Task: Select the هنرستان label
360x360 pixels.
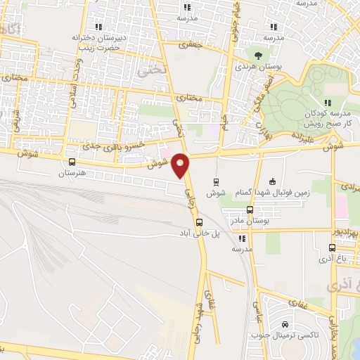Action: pos(71,172)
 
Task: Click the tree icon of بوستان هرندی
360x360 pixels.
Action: pos(259,55)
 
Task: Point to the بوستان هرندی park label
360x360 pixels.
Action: pos(260,66)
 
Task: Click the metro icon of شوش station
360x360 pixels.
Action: pos(216,181)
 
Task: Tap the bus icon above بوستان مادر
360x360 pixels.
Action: pos(250,210)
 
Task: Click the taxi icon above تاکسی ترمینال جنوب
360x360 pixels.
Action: pos(284,324)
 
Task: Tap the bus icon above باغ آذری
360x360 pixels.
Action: pos(333,247)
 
